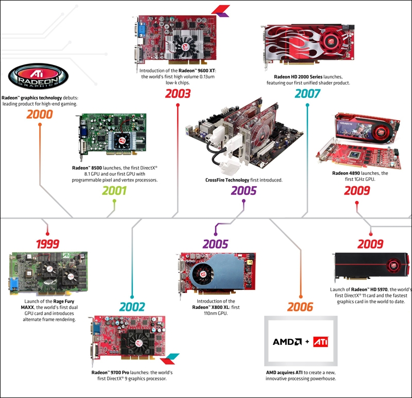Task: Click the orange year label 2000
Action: pos(40,114)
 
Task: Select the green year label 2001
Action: pos(114,191)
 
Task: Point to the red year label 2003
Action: pos(178,94)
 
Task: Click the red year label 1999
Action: pos(47,244)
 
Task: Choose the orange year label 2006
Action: pos(300,307)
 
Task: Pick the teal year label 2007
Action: pos(307,94)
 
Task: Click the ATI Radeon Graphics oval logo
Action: pos(39,77)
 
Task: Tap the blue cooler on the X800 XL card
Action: pos(215,274)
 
